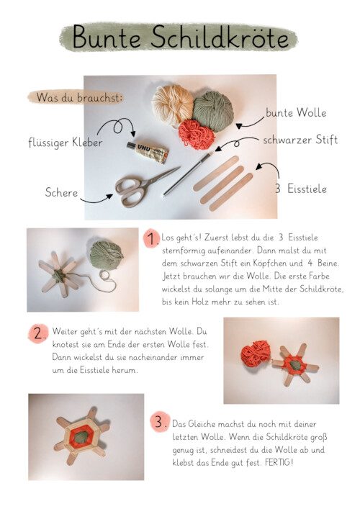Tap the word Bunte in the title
(x=107, y=37)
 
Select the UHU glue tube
(x=148, y=152)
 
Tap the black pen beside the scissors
(x=186, y=174)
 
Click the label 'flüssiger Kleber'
(x=66, y=142)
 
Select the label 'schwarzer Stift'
(x=300, y=140)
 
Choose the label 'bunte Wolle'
(x=296, y=112)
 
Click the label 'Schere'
(x=61, y=192)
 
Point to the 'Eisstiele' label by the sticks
(x=307, y=189)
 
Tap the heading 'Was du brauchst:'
(x=79, y=97)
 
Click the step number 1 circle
(x=152, y=239)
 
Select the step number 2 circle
(x=38, y=333)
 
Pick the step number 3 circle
(x=160, y=422)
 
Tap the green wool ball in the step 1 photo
(x=107, y=255)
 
